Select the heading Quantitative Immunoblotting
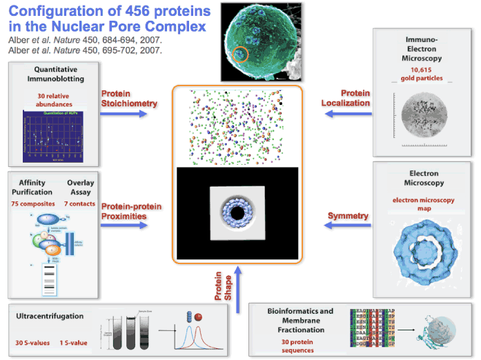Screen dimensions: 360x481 click(x=55, y=74)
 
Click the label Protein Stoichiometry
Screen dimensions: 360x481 click(x=129, y=99)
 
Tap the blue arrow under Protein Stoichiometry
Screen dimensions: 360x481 click(x=126, y=113)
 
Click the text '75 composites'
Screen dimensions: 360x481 click(x=32, y=205)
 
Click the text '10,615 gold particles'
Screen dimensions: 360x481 click(x=422, y=74)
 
